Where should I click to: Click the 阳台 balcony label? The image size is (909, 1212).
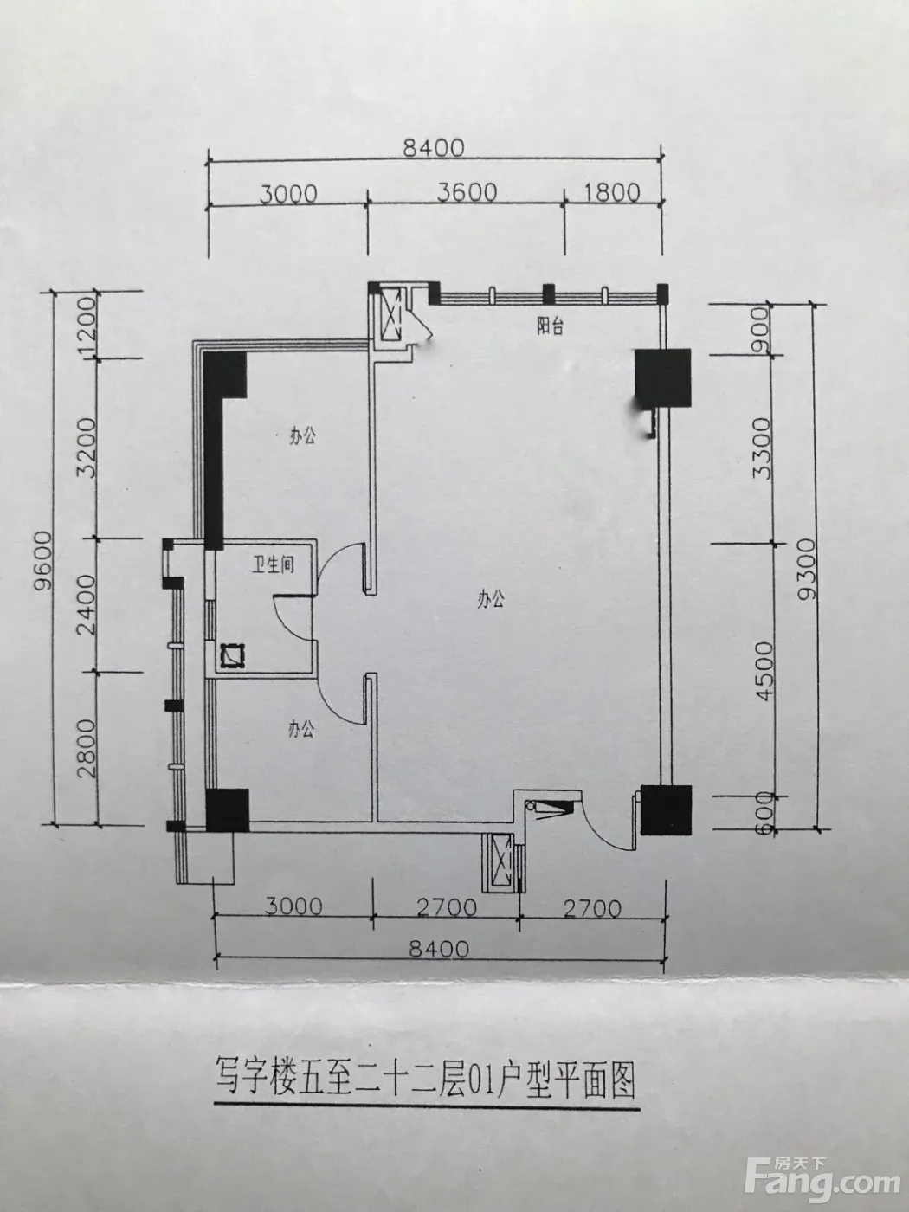point(551,327)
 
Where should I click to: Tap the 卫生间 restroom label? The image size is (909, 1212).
point(274,564)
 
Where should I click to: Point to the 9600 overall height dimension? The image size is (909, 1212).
point(42,561)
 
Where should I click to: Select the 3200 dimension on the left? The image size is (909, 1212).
point(87,448)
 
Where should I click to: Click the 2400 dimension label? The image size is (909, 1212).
point(87,604)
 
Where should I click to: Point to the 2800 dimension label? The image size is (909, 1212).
point(87,749)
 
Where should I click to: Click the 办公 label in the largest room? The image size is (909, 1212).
point(491,600)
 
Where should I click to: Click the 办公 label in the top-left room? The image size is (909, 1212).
point(302,437)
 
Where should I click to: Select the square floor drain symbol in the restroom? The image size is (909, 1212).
point(232,655)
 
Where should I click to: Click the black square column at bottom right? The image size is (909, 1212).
point(666,809)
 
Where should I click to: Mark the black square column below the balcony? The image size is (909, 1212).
point(663,378)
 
